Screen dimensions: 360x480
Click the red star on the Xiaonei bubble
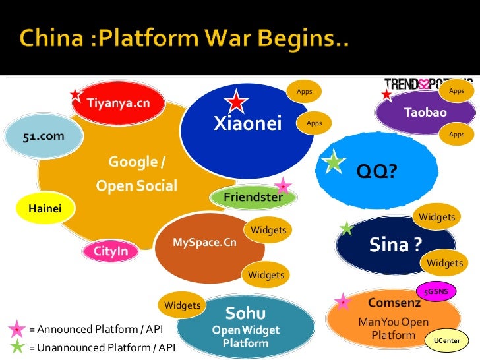point(235,102)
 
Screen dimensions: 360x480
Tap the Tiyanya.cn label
point(119,103)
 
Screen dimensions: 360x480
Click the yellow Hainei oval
point(45,209)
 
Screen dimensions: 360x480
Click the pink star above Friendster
point(283,185)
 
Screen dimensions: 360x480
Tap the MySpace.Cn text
point(204,243)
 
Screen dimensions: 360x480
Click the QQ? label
point(377,172)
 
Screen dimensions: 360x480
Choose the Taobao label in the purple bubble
point(425,113)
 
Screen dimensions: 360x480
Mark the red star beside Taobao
point(386,95)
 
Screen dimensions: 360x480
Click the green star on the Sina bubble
point(346,229)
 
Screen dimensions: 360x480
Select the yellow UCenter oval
point(446,340)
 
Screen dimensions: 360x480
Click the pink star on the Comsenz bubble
point(342,302)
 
